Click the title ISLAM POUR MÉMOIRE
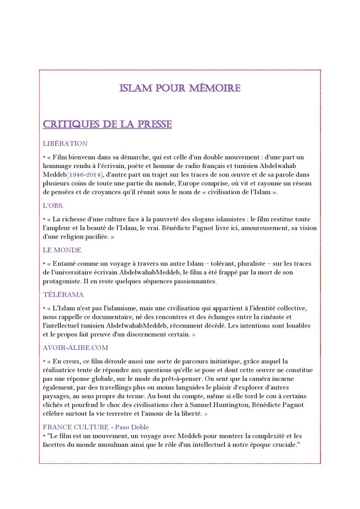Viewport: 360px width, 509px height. (x=180, y=88)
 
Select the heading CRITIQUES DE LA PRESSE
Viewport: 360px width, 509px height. (x=107, y=124)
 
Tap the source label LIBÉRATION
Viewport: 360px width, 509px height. (x=65, y=144)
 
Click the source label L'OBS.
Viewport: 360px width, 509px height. (x=53, y=205)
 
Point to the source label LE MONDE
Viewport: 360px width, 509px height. (x=62, y=250)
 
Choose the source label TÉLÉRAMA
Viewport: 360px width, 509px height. (x=63, y=295)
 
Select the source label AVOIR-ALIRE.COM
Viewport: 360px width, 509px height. (x=75, y=348)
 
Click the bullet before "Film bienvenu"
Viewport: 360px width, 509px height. (x=44, y=157)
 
